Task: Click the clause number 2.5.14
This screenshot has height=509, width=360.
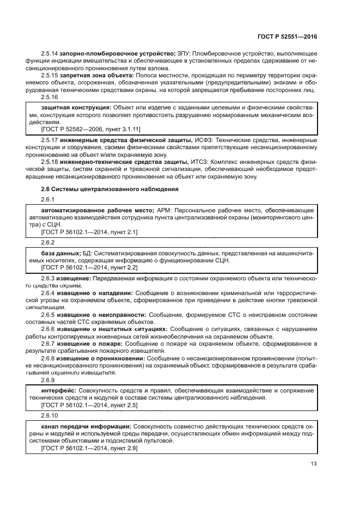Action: [50, 52]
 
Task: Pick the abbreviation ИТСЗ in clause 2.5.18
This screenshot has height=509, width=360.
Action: [198, 162]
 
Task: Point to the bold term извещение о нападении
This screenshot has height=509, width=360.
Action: [95, 293]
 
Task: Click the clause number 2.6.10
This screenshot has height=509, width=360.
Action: [50, 414]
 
